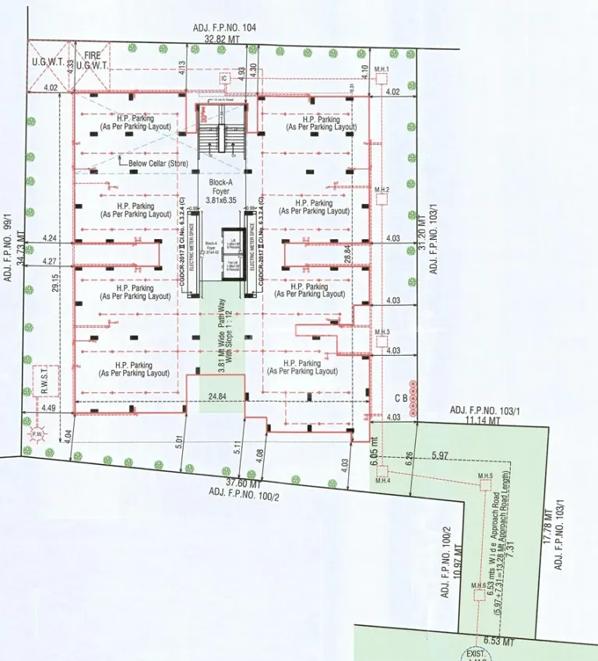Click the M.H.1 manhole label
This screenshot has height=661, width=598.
click(381, 70)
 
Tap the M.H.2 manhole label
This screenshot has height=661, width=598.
click(382, 190)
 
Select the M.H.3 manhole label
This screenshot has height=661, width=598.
click(382, 332)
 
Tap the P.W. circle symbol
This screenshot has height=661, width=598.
click(35, 432)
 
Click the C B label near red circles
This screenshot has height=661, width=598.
click(403, 399)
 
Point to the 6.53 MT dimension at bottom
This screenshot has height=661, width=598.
click(499, 642)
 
